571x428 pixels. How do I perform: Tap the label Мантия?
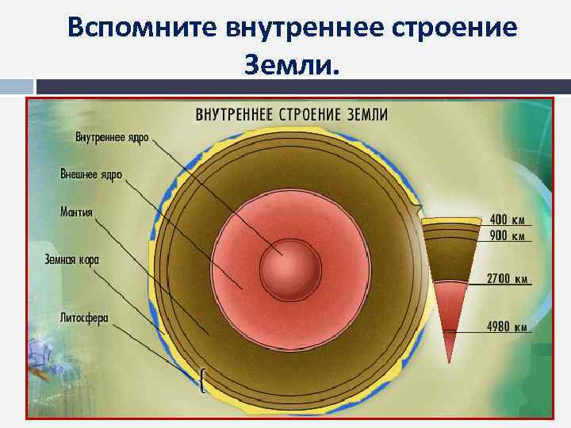76,212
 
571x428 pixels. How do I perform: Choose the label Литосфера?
84,318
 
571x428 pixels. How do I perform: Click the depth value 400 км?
508,220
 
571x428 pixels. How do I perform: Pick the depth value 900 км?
508,235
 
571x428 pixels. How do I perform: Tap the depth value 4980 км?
508,327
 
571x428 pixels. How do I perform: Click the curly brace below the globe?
205,383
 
